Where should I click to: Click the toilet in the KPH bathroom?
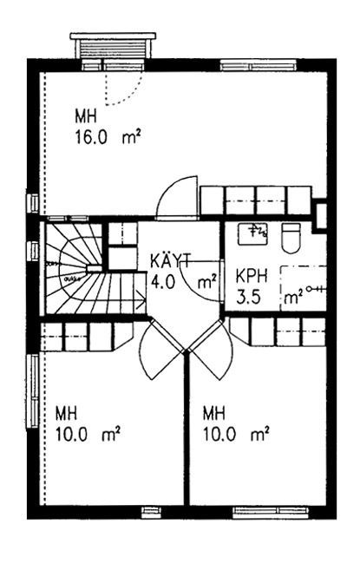[291, 238]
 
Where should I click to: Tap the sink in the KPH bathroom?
[252, 233]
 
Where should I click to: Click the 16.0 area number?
[91, 137]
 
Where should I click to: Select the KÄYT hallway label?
[171, 260]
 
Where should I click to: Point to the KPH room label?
[252, 276]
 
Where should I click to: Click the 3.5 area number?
[248, 298]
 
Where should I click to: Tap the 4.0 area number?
[163, 282]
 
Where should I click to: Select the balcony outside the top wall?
[113, 46]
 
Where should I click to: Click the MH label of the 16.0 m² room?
[86, 116]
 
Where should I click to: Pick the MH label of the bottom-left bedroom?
[66, 413]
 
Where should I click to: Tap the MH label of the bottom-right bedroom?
[214, 413]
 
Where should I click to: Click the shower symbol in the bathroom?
[316, 288]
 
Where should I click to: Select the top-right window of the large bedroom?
[259, 66]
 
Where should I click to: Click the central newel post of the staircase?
[95, 268]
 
